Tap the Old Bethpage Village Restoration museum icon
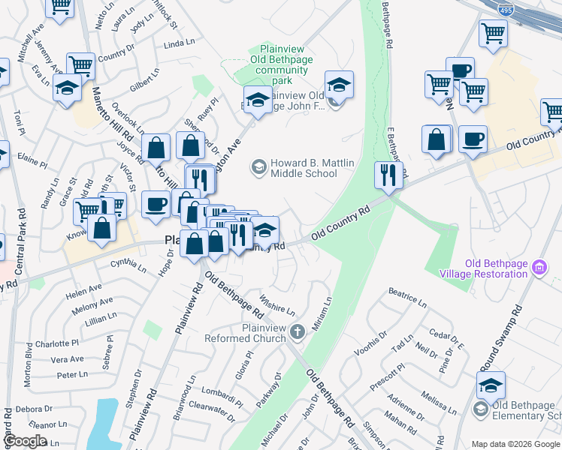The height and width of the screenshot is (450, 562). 539,267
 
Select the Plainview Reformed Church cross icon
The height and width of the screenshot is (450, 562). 298,331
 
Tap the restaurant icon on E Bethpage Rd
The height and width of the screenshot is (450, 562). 388,176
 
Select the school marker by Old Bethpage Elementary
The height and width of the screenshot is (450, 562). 491,387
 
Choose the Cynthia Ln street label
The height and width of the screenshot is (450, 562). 128,264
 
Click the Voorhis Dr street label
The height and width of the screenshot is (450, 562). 372,337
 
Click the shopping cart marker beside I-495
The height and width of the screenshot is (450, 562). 493,33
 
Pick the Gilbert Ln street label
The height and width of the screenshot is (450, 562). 144,82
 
